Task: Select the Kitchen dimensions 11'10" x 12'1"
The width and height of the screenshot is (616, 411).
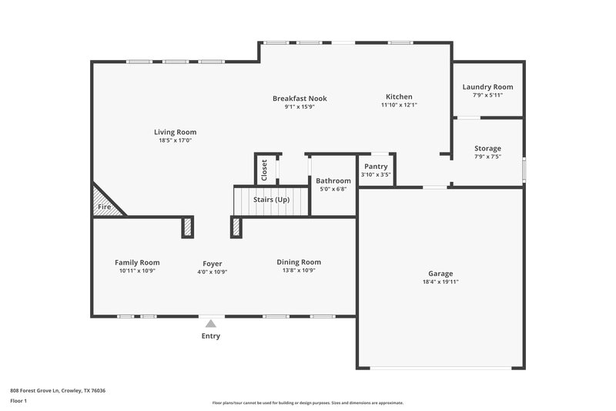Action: tap(399, 106)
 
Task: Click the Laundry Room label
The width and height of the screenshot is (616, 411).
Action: tap(487, 87)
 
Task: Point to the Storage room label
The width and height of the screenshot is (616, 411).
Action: tap(487, 148)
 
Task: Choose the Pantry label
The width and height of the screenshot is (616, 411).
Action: tap(376, 166)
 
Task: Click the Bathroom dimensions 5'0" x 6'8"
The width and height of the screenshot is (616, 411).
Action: tap(332, 189)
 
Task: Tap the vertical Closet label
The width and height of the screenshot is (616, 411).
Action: tap(264, 170)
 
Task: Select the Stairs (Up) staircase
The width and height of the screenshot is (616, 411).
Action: tap(271, 200)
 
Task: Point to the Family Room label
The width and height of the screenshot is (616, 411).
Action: tap(137, 262)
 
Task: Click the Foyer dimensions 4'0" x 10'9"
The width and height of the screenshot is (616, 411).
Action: tap(212, 271)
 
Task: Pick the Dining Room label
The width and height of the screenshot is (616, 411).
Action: tap(299, 262)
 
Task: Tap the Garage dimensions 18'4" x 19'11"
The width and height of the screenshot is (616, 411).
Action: tap(440, 282)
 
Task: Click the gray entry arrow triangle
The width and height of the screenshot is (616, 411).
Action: tap(210, 324)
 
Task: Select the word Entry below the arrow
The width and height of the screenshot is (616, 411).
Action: tap(210, 336)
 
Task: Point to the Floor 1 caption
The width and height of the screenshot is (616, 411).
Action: tap(18, 402)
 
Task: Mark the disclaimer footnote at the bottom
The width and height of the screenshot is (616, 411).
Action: tap(307, 403)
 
